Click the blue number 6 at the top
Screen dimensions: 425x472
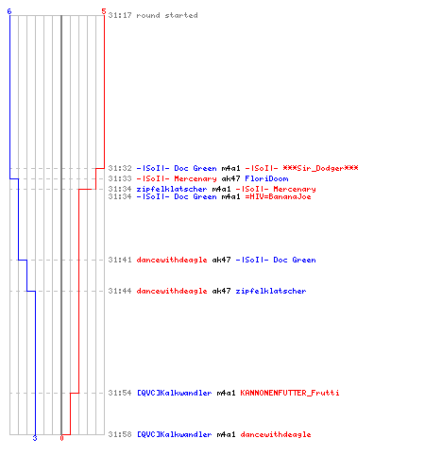point(9,11)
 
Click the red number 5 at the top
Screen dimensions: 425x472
point(104,11)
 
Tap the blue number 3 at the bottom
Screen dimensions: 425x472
point(35,438)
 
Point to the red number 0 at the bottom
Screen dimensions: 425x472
point(61,438)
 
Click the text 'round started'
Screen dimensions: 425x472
point(167,15)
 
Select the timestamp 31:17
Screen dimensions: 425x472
point(120,15)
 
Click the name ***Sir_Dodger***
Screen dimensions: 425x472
point(320,168)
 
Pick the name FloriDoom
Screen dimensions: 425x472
point(266,178)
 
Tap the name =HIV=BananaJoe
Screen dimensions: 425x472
point(278,196)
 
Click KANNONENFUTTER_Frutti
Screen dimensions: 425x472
point(290,393)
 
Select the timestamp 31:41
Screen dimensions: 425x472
point(120,260)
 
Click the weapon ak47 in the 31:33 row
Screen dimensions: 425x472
point(230,178)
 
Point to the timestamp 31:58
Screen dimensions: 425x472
point(120,434)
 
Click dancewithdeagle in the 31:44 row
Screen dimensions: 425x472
point(172,291)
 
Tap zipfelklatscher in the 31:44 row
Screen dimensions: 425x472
point(271,291)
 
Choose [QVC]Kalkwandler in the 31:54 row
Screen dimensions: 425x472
point(174,393)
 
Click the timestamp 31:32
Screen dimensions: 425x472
point(120,168)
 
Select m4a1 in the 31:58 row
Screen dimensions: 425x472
point(226,434)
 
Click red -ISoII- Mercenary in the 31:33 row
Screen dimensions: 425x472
point(177,178)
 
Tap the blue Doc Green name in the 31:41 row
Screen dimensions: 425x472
point(295,260)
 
